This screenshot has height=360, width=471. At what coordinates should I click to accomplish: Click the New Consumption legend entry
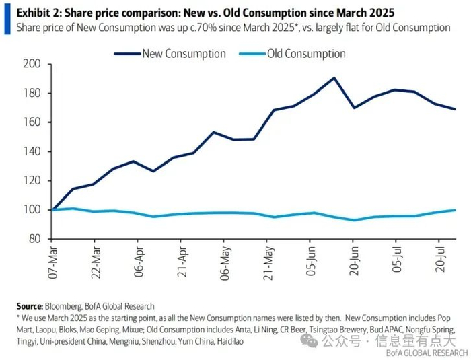pos(170,54)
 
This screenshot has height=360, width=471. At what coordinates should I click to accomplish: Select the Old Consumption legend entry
pos(292,54)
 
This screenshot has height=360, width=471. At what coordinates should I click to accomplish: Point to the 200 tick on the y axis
pos(32,64)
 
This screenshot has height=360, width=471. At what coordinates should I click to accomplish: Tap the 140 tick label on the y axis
pos(32,151)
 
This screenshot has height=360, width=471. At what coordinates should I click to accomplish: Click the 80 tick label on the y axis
pos(35,239)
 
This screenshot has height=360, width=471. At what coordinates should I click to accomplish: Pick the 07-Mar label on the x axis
pos(53,262)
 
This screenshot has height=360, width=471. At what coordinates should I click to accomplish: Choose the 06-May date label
pos(225,263)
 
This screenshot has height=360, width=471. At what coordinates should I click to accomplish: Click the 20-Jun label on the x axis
pos(354,261)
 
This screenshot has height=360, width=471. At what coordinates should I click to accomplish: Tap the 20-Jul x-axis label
pos(440,260)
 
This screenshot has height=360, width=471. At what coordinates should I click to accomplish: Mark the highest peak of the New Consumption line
pos(334,78)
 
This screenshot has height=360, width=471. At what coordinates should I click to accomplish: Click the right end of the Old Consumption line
pos(456,210)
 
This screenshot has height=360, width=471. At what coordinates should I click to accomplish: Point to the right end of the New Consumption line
pos(456,109)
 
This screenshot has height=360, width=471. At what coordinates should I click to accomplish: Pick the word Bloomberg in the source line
pos(63,307)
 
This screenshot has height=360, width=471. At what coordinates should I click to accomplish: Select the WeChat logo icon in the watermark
pos(309,340)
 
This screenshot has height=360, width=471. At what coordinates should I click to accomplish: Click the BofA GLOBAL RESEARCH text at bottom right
pos(427,353)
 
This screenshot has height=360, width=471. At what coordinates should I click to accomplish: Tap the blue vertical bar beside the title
pos(7,19)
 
